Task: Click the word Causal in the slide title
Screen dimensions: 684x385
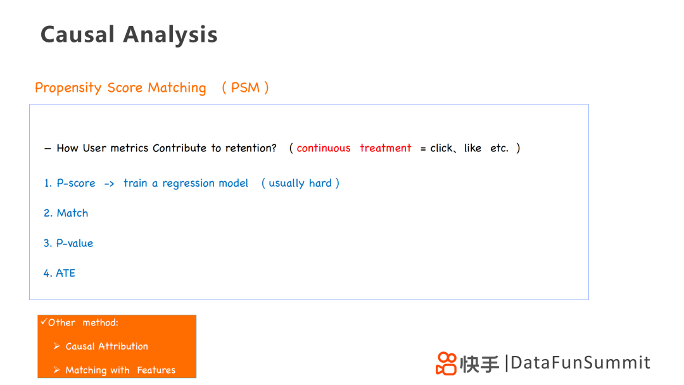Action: click(78, 34)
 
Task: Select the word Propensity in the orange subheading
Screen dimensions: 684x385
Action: click(68, 88)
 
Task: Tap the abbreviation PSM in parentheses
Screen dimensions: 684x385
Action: click(245, 87)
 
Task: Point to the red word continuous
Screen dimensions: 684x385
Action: click(324, 148)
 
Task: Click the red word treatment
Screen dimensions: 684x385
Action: click(386, 148)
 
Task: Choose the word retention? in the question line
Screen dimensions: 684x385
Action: click(251, 148)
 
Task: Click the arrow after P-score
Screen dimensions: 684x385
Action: click(109, 184)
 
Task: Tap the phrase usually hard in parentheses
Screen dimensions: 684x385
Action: click(300, 184)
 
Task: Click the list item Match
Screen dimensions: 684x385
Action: click(72, 213)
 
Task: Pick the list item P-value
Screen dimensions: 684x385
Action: click(75, 243)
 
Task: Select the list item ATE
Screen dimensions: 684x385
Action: click(65, 274)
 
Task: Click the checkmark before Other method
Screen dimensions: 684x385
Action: click(44, 322)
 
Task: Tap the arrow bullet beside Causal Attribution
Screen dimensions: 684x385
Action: click(57, 346)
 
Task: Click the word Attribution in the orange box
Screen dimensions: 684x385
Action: click(123, 346)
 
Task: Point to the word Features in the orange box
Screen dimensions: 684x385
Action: click(156, 370)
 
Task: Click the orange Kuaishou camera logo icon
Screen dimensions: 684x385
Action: click(446, 363)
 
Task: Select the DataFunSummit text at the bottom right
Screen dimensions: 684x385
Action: click(580, 363)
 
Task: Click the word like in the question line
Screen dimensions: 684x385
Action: click(472, 148)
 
